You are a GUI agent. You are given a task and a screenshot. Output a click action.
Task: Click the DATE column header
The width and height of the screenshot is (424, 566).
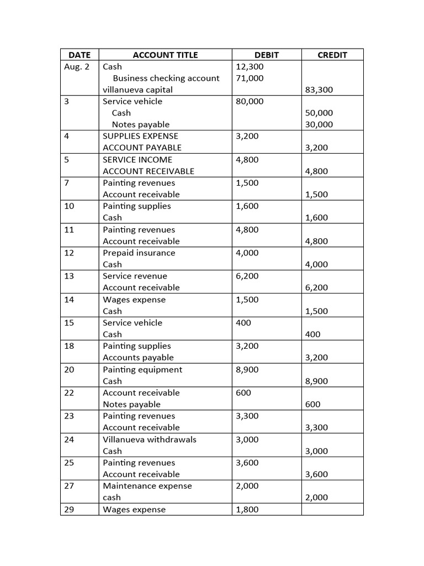coord(79,55)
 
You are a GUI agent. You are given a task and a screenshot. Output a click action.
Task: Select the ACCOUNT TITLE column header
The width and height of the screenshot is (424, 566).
coord(165,55)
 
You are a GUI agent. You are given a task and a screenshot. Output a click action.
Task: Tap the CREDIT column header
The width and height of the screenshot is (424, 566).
coord(332,55)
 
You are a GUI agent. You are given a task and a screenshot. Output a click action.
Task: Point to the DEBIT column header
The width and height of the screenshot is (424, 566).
coord(267,55)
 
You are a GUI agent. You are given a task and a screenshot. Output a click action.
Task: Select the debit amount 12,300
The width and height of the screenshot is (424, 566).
coord(250,66)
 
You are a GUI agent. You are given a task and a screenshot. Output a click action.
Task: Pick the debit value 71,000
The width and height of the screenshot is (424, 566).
coord(250,78)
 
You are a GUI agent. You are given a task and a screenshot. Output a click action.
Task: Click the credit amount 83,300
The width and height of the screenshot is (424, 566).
coord(319,90)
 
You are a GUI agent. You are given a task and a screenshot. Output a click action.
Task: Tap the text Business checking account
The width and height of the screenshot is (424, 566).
coord(166,78)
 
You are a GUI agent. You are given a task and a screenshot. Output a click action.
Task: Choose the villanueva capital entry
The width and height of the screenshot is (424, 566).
coord(137,90)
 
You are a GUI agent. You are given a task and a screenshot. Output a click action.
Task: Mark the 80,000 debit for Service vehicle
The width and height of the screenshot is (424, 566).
coord(250,101)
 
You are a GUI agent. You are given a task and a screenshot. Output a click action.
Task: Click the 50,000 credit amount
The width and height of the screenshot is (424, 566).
coord(319,113)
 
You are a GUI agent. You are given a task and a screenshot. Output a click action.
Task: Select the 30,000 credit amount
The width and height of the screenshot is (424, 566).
coord(319,124)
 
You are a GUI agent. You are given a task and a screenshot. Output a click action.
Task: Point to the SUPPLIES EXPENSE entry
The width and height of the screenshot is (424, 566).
coord(140,136)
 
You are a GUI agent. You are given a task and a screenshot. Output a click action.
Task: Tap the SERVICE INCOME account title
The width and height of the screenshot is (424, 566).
coord(137,159)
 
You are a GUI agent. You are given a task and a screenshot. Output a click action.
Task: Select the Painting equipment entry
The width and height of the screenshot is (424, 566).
coord(142,369)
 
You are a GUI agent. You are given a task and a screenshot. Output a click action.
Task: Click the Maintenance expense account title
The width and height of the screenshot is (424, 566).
coord(147,486)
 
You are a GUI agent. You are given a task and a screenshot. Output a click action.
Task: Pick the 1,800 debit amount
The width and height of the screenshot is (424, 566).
coord(247,510)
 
